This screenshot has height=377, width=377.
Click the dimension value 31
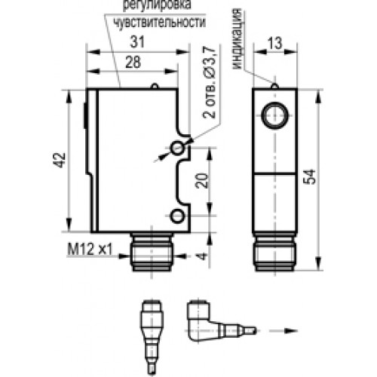[x=137, y=41]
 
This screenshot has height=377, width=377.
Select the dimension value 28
[x=133, y=62]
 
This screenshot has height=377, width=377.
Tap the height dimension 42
[x=60, y=161]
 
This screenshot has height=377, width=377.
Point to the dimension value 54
[x=309, y=177]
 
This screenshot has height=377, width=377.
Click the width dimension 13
[x=275, y=43]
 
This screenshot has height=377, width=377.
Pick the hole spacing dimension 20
[x=203, y=181]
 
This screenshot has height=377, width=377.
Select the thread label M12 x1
[x=90, y=250]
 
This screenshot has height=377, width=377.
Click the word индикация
[x=237, y=39]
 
